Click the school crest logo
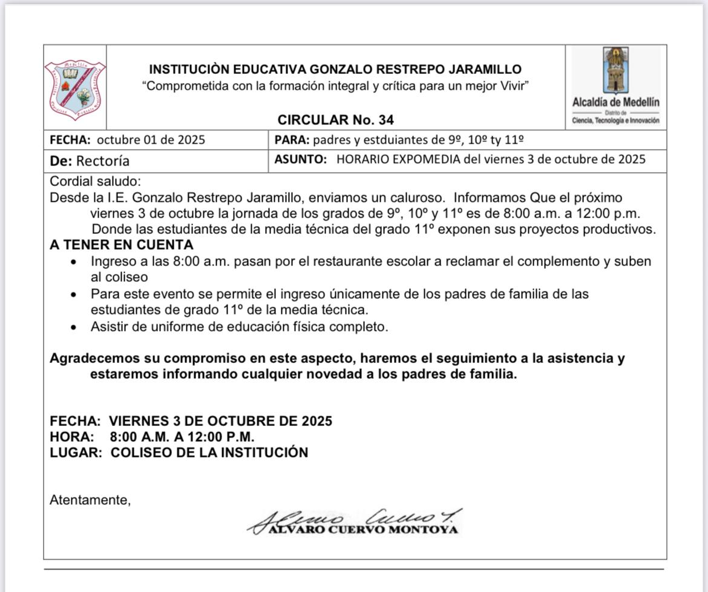point(75,90)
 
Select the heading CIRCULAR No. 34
point(335,119)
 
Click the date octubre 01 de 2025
point(151,140)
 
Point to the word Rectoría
point(102,161)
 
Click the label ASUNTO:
point(300,160)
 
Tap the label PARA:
point(292,140)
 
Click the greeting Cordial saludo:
point(95,181)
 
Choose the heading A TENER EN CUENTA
point(121,245)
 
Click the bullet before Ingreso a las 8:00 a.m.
point(73,262)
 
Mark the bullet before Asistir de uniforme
point(73,327)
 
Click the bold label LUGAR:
point(76,453)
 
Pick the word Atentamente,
point(90,500)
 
